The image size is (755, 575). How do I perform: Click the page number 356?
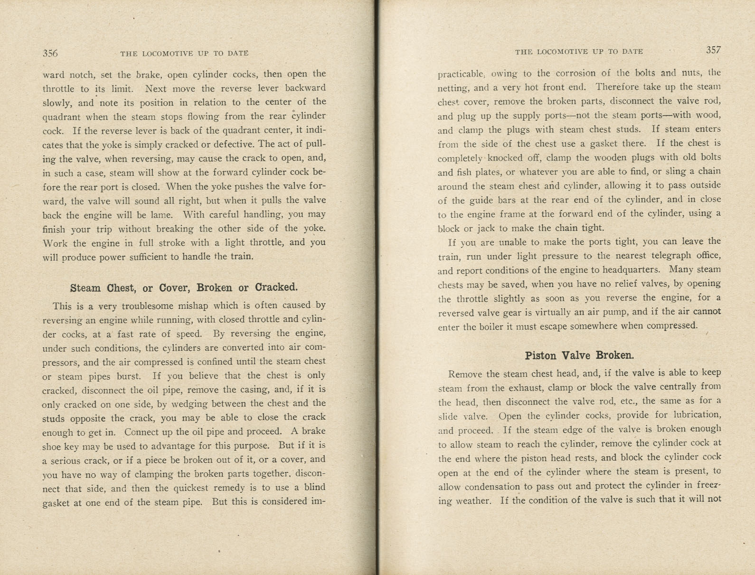(x=50, y=53)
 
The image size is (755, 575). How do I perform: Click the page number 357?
(x=713, y=50)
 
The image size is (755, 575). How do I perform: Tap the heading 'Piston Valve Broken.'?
(x=579, y=355)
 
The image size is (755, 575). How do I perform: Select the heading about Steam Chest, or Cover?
(x=184, y=287)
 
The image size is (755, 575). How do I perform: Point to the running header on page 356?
(x=184, y=53)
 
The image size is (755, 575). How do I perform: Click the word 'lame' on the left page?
(x=161, y=214)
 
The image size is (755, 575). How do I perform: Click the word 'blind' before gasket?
(x=315, y=487)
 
